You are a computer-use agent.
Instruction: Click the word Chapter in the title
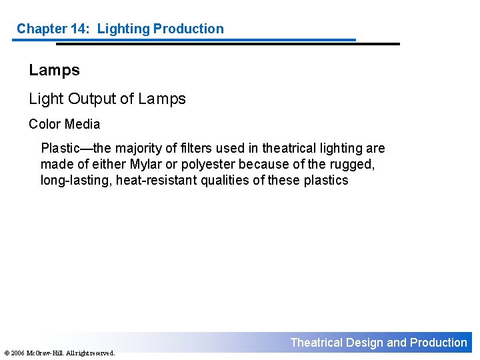41,29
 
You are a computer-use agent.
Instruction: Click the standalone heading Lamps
54,70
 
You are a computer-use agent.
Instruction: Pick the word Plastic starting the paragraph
61,148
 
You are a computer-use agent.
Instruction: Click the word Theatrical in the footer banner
317,343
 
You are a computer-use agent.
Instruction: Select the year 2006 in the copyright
17,353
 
